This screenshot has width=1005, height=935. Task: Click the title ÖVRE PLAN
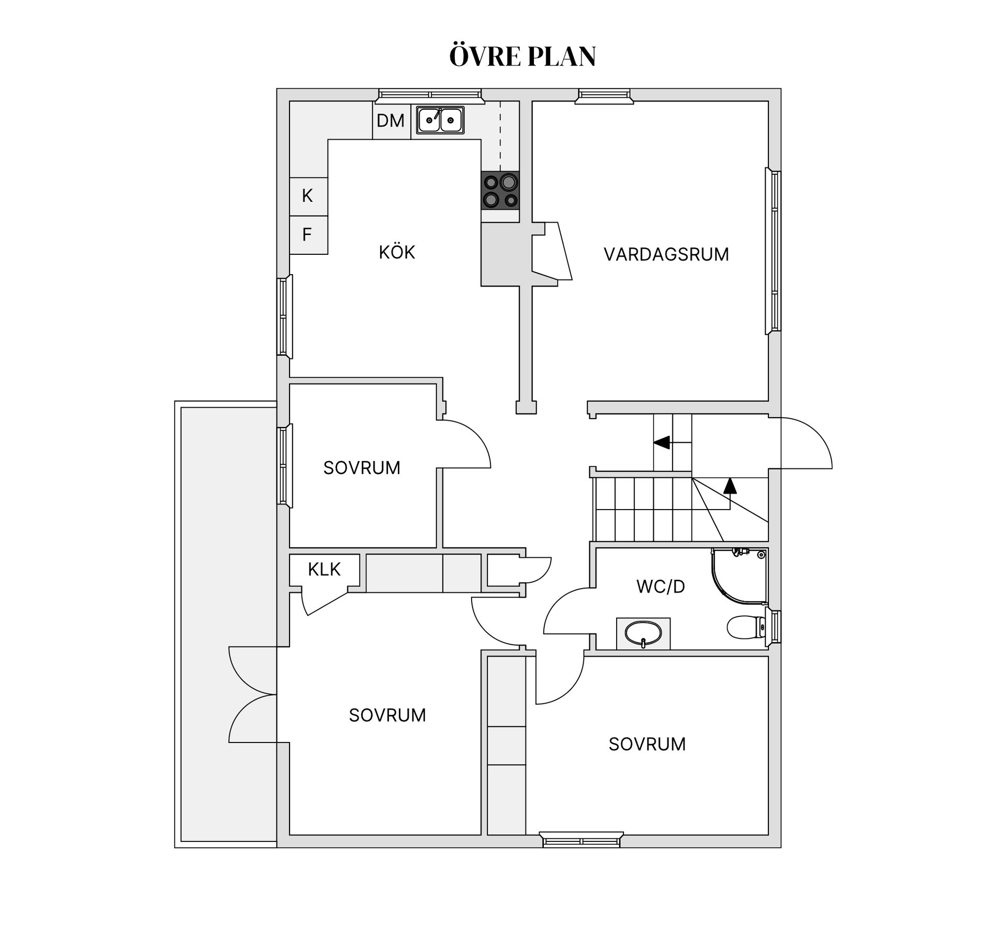pyautogui.click(x=522, y=56)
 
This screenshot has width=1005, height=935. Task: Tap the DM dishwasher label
pyautogui.click(x=390, y=121)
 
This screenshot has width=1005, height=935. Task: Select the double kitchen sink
pyautogui.click(x=440, y=120)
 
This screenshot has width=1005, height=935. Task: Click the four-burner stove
pyautogui.click(x=500, y=190)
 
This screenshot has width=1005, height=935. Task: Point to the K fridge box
pyautogui.click(x=308, y=196)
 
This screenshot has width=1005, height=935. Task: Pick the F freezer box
pyautogui.click(x=308, y=235)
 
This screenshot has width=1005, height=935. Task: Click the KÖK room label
pyautogui.click(x=397, y=252)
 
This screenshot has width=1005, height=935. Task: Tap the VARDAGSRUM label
pyautogui.click(x=666, y=254)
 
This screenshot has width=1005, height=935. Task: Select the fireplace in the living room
pyautogui.click(x=552, y=251)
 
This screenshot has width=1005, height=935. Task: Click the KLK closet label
pyautogui.click(x=324, y=569)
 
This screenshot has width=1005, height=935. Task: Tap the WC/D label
pyautogui.click(x=661, y=587)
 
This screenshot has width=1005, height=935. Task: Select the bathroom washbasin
pyautogui.click(x=643, y=634)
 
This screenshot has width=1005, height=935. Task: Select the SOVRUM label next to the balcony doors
pyautogui.click(x=387, y=715)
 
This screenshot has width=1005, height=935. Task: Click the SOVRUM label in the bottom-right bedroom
pyautogui.click(x=647, y=744)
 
